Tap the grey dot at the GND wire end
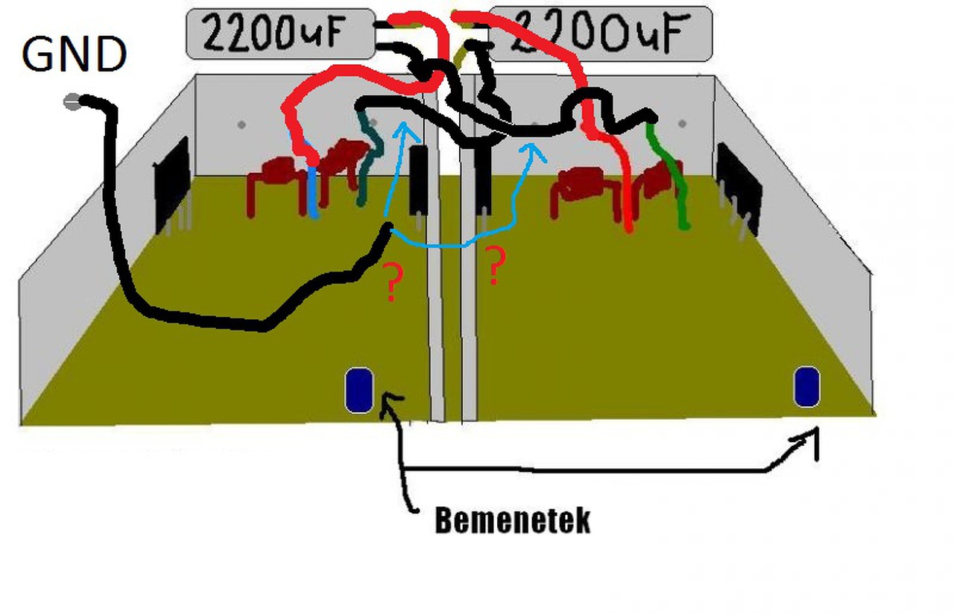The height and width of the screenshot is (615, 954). point(72,102)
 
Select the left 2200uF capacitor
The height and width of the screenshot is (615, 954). point(279,34)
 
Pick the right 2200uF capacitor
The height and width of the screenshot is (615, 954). point(600,34)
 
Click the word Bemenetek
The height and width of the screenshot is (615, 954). point(513,521)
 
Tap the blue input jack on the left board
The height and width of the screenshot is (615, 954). point(358,390)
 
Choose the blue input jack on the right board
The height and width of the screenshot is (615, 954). point(806,387)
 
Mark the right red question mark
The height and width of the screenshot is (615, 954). point(495,267)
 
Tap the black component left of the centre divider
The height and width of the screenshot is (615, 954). point(419,179)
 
